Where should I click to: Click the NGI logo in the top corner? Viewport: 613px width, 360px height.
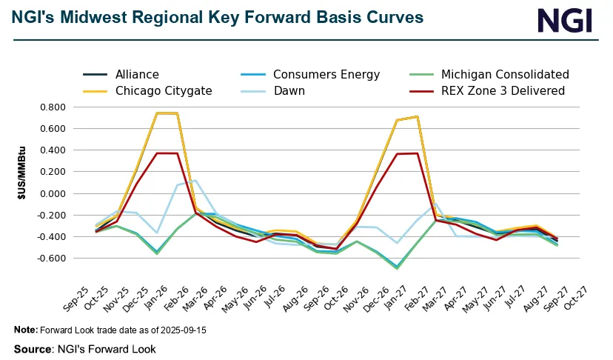564,20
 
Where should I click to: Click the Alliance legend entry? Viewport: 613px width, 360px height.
137,74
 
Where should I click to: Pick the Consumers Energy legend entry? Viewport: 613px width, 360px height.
326,74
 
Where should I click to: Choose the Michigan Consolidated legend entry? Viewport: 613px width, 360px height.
505,74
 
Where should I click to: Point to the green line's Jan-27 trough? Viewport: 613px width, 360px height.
397,267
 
